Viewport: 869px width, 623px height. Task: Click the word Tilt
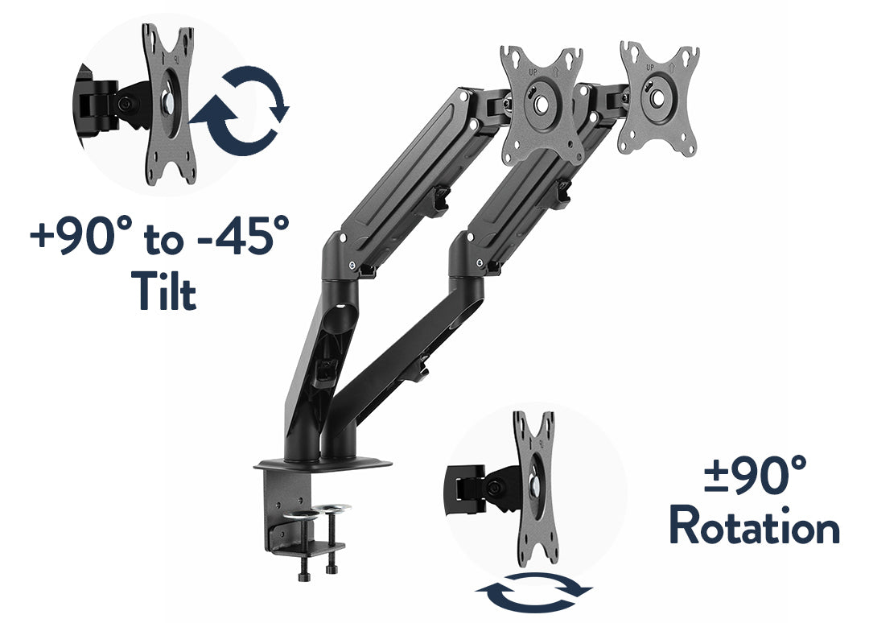(x=163, y=291)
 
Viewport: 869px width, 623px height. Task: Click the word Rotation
(x=755, y=526)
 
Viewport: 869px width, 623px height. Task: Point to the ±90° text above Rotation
(x=755, y=474)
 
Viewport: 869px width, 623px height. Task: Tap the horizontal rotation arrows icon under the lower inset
(x=534, y=592)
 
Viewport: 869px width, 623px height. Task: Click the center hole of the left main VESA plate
(x=542, y=104)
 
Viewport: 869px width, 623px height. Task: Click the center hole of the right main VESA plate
(x=657, y=98)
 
